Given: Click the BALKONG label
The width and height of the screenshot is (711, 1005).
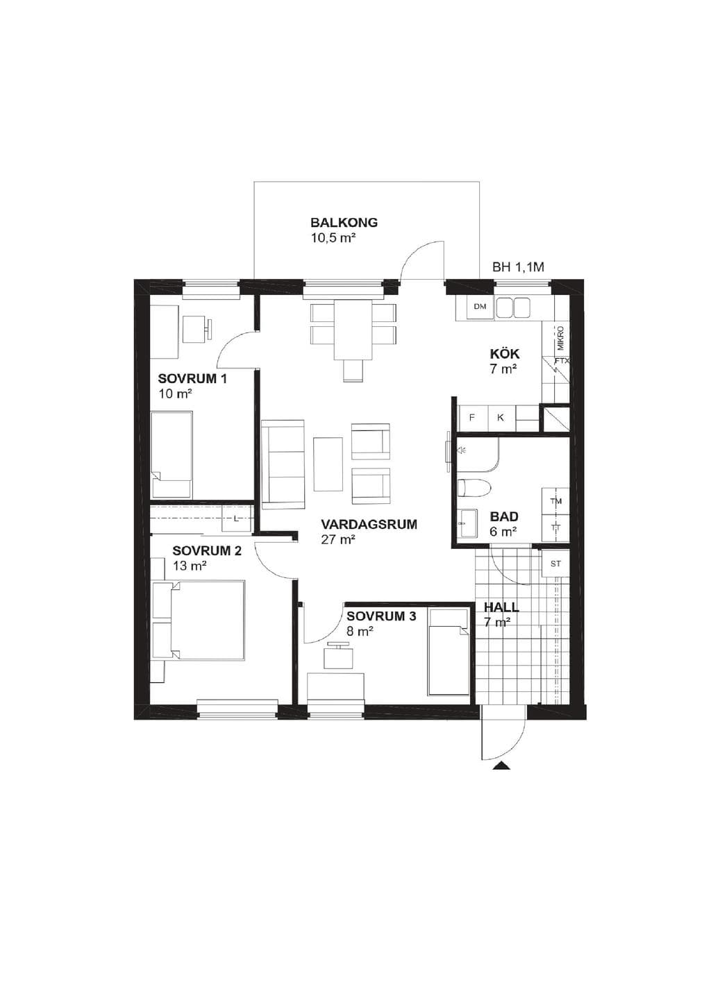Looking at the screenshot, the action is pyautogui.click(x=344, y=222).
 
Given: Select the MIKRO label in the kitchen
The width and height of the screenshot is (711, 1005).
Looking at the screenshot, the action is pyautogui.click(x=561, y=338).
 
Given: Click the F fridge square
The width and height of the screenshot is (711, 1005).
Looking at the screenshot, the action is pyautogui.click(x=471, y=417).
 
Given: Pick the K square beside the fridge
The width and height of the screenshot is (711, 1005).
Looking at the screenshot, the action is pyautogui.click(x=501, y=417).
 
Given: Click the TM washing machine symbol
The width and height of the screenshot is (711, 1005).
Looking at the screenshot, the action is pyautogui.click(x=556, y=502).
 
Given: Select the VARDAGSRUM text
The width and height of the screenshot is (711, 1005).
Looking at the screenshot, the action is pyautogui.click(x=369, y=525).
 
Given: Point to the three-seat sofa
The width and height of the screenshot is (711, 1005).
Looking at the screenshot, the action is pyautogui.click(x=283, y=464).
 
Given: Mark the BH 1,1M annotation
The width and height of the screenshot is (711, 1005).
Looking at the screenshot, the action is pyautogui.click(x=519, y=267).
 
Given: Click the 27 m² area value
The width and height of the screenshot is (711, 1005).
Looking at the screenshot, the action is pyautogui.click(x=338, y=540).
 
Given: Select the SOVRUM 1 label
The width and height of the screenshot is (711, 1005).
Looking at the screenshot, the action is pyautogui.click(x=192, y=379).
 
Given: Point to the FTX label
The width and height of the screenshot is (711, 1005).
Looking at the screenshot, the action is pyautogui.click(x=562, y=360).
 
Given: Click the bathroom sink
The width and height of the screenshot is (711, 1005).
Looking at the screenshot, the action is pyautogui.click(x=467, y=523).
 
